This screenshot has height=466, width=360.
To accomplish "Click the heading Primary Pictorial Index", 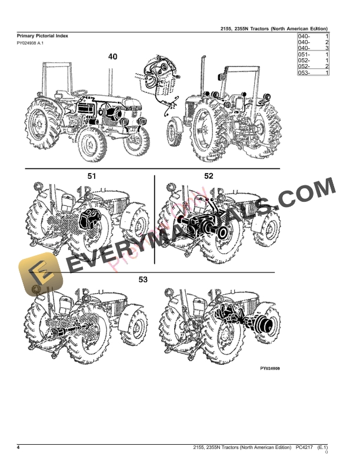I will [42, 36].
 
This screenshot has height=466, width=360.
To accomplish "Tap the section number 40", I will [112, 56].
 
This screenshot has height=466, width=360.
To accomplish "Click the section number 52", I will [208, 176].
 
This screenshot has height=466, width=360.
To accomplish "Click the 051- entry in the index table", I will [304, 55].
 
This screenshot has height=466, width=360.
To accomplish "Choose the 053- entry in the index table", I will [304, 72].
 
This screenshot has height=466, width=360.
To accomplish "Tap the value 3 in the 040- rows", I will [326, 49].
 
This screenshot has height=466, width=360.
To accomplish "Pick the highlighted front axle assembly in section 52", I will [203, 227].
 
